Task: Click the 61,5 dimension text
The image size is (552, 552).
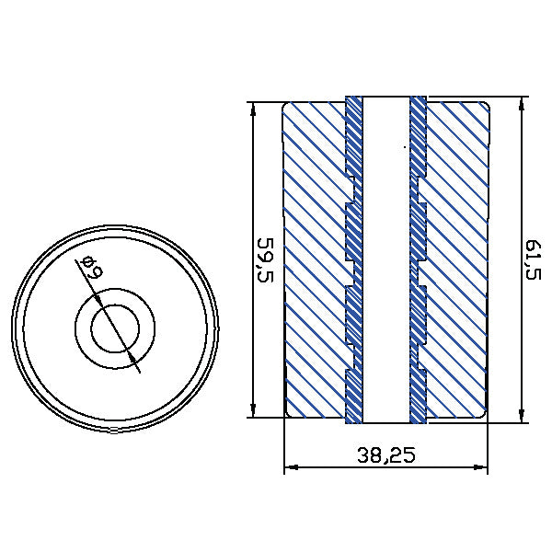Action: tap(533, 260)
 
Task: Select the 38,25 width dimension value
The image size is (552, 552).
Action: tap(385, 454)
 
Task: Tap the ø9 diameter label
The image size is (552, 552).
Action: tap(90, 270)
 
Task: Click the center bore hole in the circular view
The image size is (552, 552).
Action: tap(115, 327)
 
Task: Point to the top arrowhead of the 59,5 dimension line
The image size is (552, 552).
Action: tap(252, 106)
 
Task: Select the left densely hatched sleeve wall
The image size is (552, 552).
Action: tap(354, 258)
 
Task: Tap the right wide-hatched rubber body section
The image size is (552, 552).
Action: tap(456, 258)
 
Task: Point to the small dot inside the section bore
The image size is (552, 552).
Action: tap(404, 145)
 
